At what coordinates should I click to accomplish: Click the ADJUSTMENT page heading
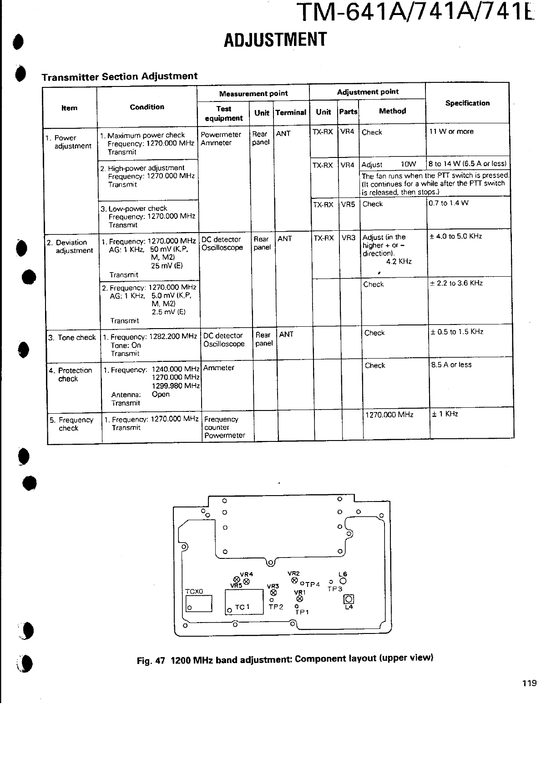point(275,39)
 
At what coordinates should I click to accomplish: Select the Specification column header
point(467,103)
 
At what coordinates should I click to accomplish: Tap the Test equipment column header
point(223,113)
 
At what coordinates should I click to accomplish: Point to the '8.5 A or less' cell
point(451,365)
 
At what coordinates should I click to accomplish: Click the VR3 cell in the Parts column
point(349,238)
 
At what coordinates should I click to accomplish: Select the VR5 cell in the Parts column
point(348,204)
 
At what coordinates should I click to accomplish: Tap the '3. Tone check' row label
point(72,337)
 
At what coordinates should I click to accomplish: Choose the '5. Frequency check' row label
point(71,424)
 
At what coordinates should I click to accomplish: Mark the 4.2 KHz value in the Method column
point(399,261)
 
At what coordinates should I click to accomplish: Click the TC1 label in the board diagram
point(242,607)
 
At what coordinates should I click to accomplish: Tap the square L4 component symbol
point(349,599)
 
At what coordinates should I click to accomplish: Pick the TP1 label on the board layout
point(302,612)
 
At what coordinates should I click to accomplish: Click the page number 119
point(529,683)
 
